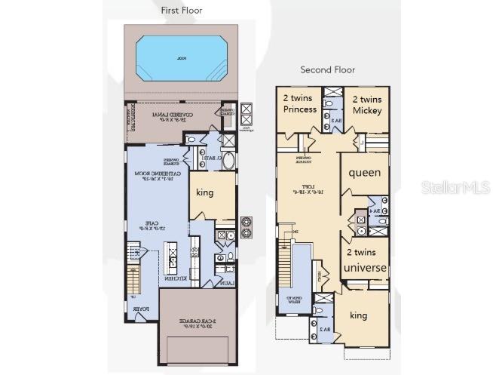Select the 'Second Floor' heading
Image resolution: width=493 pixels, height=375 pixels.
(328, 70)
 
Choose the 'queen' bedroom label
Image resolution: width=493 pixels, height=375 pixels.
(364, 172)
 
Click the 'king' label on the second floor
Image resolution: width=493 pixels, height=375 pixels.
(359, 315)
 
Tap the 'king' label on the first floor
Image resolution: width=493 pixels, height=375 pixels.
(204, 192)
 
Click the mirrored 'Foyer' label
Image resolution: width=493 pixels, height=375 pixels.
(141, 308)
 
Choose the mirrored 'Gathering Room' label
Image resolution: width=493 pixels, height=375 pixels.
(153, 177)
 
